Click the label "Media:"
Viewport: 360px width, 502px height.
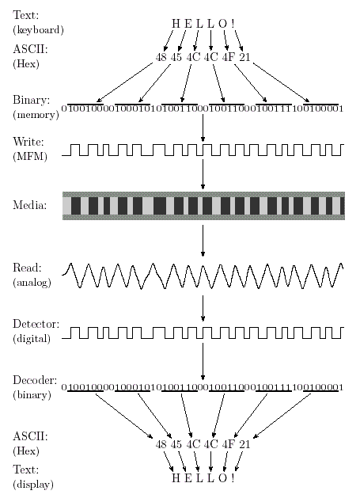[x=30, y=205]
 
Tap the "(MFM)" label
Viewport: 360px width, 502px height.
[x=30, y=156]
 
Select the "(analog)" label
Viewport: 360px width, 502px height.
[x=32, y=283]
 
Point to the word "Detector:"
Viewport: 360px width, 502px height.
[x=36, y=324]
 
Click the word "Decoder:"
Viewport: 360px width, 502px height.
[x=35, y=380]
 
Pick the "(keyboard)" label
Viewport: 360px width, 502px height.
[x=39, y=30]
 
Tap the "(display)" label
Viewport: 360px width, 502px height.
[x=33, y=484]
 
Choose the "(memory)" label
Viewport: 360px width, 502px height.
[x=36, y=115]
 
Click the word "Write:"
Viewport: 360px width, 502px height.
[x=28, y=142]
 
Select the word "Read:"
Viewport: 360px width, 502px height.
[x=27, y=268]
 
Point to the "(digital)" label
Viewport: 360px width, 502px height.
[x=32, y=338]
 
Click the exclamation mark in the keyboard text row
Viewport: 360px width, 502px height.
[x=233, y=23]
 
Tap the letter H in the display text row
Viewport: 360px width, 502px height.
[x=176, y=478]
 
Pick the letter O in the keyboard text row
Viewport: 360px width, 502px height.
[x=222, y=23]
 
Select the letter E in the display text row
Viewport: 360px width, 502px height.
[x=188, y=478]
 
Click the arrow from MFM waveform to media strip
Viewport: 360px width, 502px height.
[x=203, y=174]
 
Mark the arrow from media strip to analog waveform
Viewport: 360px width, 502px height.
[x=203, y=241]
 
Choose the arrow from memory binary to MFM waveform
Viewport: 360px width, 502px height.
[x=203, y=128]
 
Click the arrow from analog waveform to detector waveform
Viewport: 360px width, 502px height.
[x=203, y=308]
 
